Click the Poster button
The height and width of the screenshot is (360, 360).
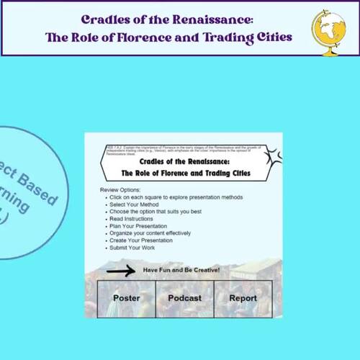click(126, 297)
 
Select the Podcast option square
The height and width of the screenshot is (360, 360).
click(184, 297)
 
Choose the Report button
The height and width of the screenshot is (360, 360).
click(243, 297)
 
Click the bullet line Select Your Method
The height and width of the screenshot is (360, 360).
click(135, 204)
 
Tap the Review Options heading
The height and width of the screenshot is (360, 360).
click(120, 189)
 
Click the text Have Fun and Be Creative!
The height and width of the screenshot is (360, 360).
click(181, 270)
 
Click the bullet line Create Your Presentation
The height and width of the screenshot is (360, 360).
click(142, 240)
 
